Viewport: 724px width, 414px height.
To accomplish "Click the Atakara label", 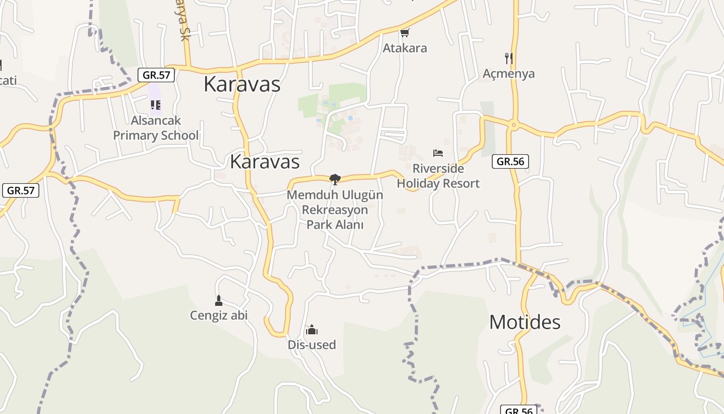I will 404,48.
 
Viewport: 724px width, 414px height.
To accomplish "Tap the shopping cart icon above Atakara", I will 404,33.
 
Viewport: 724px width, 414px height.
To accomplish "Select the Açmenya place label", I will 508,73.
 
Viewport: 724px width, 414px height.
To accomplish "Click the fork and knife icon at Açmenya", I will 509,58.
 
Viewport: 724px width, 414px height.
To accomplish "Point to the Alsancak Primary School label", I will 156,128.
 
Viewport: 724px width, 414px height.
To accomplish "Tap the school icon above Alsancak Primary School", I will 156,105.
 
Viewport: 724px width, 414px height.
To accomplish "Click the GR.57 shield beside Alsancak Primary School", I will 156,75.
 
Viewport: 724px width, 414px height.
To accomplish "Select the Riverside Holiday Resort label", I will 438,176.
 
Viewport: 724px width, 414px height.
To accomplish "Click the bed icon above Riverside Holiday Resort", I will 438,153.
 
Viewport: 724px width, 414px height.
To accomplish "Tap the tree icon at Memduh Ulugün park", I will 335,180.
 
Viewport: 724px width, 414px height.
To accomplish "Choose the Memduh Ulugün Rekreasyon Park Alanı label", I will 335,210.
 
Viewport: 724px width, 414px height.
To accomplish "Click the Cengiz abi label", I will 219,315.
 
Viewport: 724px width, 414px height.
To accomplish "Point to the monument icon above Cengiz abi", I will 219,300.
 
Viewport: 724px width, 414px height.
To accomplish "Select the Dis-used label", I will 312,345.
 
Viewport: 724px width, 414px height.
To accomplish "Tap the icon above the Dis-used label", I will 312,330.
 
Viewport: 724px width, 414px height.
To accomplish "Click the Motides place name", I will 525,322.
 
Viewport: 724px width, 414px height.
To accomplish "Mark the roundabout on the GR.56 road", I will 514,124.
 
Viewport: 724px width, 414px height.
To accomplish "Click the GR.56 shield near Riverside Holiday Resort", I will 510,161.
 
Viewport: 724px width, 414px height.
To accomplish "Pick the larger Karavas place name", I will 242,84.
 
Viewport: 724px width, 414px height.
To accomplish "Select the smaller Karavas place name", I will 265,161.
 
